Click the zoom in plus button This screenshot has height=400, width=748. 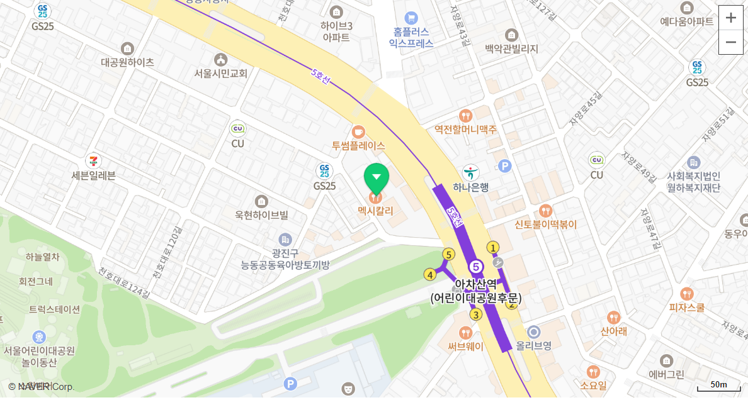(730, 18)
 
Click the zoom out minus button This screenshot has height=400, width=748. (730, 42)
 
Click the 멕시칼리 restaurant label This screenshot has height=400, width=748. (375, 211)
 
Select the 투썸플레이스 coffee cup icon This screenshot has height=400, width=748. (358, 132)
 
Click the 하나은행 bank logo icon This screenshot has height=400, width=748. (471, 172)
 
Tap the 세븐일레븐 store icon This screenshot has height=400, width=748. (94, 161)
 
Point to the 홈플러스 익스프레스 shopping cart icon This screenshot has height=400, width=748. (411, 18)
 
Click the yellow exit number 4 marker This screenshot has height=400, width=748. (430, 274)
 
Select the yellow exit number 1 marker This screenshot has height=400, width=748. (493, 247)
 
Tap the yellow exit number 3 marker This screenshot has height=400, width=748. (477, 314)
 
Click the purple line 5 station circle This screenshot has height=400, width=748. (476, 267)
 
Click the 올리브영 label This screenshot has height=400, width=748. (534, 345)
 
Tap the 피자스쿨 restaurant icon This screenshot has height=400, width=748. (687, 294)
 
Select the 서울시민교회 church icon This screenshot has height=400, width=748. (220, 60)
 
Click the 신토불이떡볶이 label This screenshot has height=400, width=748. (545, 225)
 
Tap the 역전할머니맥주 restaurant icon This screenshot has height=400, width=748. (465, 116)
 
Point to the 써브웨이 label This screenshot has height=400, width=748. (466, 346)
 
